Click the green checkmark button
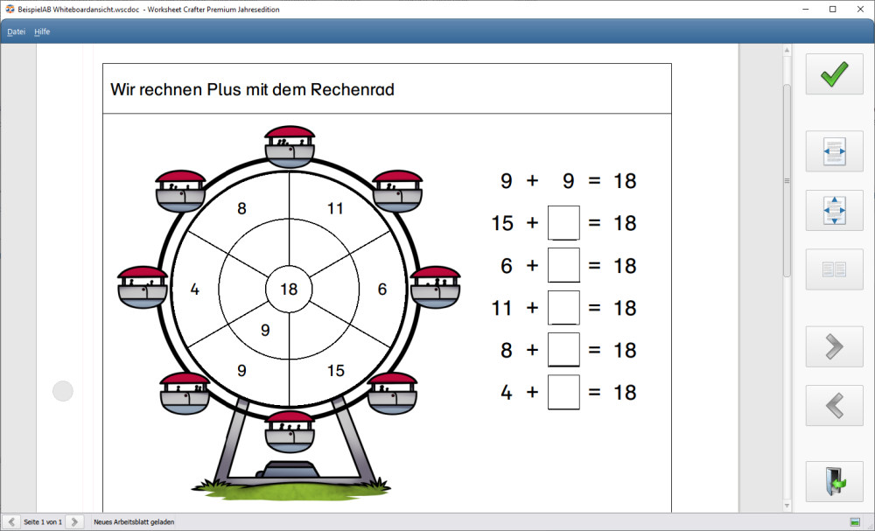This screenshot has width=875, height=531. (834, 74)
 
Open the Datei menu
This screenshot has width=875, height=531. (16, 31)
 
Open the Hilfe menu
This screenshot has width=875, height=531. (42, 31)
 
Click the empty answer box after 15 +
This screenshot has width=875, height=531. (563, 223)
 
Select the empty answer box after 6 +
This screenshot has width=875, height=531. (563, 266)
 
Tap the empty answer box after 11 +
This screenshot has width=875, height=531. (563, 307)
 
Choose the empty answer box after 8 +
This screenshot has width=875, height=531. (563, 350)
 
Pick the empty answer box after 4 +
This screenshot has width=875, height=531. (563, 392)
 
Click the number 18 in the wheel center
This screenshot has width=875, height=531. (289, 289)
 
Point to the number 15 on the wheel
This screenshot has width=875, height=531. (335, 370)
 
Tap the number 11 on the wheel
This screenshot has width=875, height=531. (335, 208)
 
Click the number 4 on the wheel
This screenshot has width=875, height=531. (195, 289)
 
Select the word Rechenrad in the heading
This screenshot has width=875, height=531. (352, 89)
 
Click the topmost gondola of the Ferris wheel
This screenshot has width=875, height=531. (290, 146)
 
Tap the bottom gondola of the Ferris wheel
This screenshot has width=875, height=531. (290, 432)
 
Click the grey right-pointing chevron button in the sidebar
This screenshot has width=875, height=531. (834, 346)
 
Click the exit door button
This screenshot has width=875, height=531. (834, 481)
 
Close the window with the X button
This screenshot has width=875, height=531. (860, 9)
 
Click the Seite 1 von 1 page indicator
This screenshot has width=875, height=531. (43, 522)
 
